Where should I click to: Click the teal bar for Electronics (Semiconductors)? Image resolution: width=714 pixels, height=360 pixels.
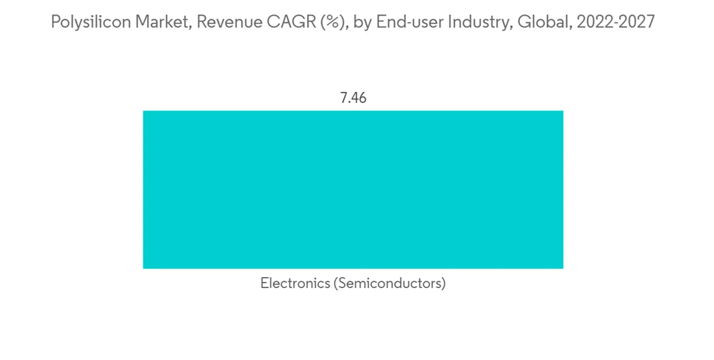coord(353,189)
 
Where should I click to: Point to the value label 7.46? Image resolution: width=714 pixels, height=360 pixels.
coord(353,98)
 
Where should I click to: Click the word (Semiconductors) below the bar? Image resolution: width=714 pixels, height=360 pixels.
coord(388,284)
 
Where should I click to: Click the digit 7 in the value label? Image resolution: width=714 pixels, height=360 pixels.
coord(343,98)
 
